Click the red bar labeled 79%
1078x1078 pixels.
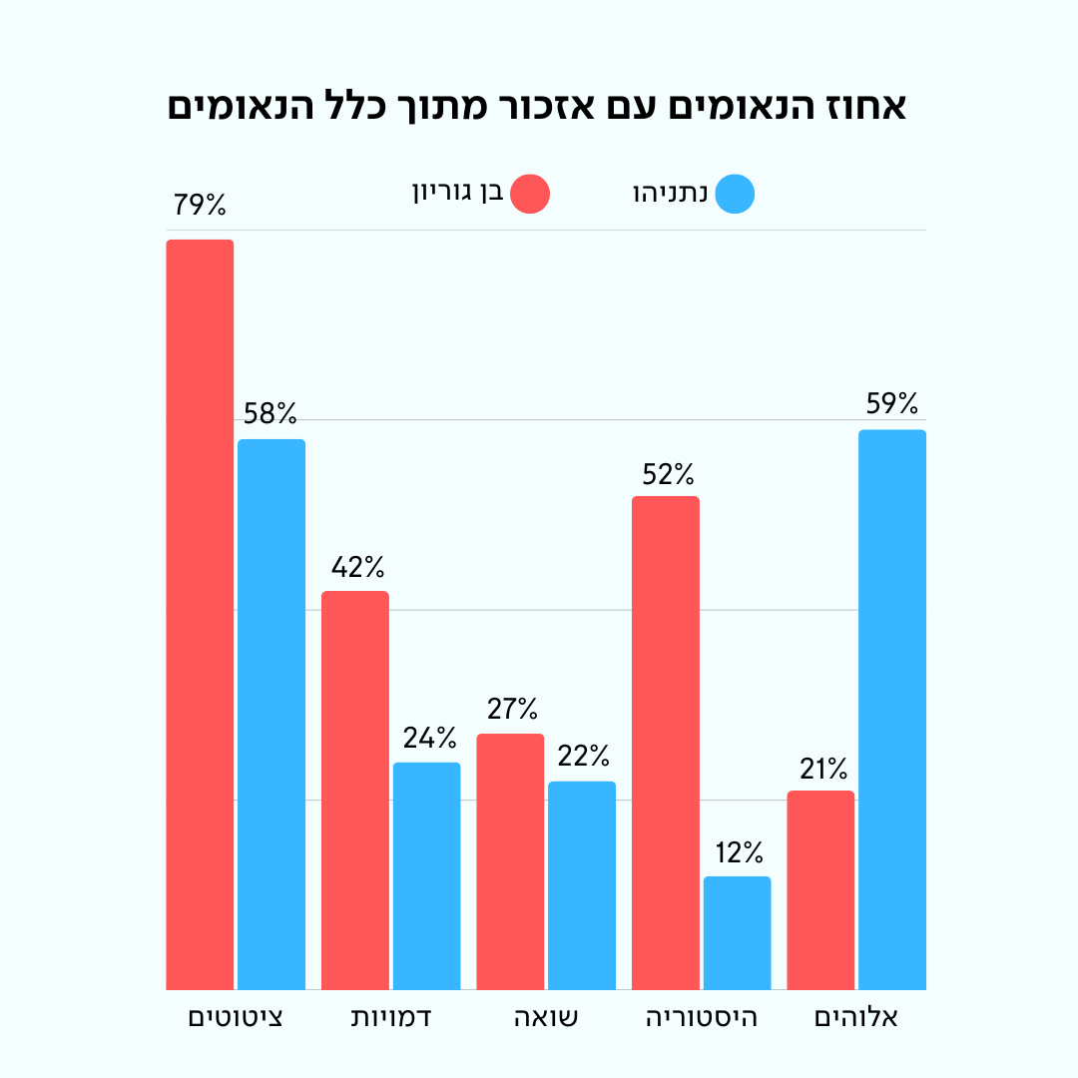[200, 614]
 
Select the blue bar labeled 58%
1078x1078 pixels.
[271, 714]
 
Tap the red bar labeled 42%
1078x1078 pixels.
[354, 790]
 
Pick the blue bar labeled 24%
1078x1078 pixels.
[426, 875]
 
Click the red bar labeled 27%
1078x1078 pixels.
[510, 861]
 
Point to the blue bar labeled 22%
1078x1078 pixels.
[582, 885]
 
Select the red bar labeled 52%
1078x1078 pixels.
[666, 743]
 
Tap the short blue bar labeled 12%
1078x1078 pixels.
[737, 932]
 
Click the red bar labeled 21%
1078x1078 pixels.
[820, 889]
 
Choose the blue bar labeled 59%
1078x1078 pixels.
[892, 710]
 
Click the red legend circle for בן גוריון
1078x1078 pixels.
[530, 194]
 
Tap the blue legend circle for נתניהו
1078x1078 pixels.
[736, 194]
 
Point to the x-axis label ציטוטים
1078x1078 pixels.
[236, 1018]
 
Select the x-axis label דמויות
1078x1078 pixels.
[391, 1018]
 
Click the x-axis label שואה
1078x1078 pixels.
[546, 1018]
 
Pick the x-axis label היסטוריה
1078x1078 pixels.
[702, 1018]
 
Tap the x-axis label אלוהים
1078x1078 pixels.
[856, 1018]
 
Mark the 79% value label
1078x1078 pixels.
[200, 206]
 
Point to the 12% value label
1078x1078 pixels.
[738, 852]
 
